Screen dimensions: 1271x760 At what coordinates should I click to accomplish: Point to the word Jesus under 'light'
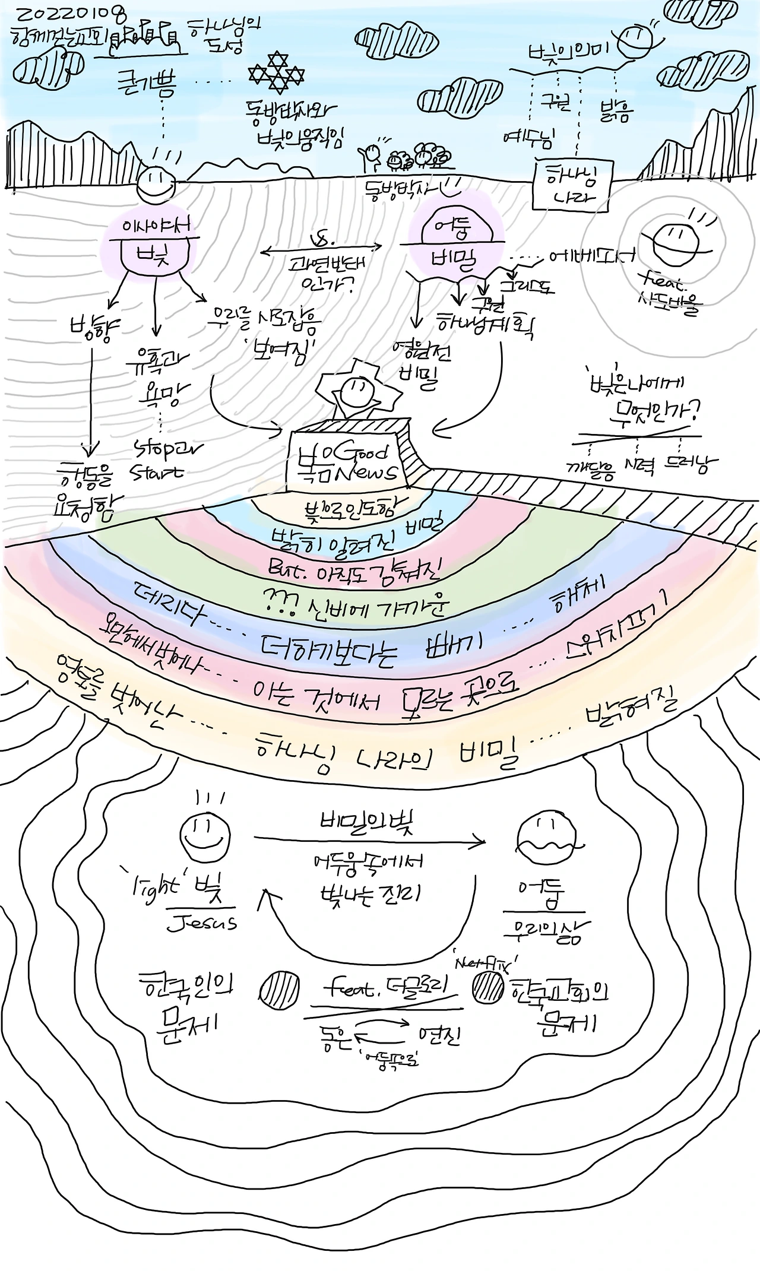[x=202, y=923]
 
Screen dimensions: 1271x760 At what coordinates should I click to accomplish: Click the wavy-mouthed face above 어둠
[x=546, y=838]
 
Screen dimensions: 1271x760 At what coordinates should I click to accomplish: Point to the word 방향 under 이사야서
[x=91, y=326]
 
